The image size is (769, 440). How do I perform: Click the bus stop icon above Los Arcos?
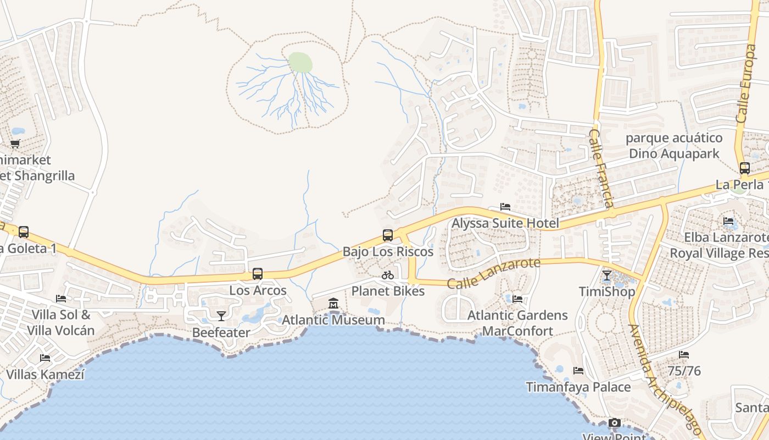pos(257,273)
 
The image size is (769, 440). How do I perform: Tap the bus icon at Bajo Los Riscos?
pos(388,235)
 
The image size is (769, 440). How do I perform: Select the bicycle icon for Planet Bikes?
pos(388,274)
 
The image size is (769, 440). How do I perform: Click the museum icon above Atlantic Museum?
pos(333,303)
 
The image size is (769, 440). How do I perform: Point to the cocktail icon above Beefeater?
pos(221,316)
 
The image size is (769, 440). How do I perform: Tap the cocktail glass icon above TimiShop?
pos(606,275)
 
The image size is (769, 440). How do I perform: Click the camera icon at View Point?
pos(615,423)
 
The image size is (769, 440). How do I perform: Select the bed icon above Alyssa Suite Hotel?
pos(505,207)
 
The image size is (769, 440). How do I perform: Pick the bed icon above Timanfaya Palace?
pos(578,371)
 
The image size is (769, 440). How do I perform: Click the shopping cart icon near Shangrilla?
pos(15,144)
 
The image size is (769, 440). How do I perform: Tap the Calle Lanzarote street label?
pos(493,273)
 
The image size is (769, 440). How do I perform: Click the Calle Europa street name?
pos(747,82)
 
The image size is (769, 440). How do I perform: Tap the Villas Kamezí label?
pos(46,375)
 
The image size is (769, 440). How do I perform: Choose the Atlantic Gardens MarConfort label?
pos(517,323)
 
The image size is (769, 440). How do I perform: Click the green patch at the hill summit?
pos(300,63)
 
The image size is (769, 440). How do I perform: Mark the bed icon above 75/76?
pos(684,355)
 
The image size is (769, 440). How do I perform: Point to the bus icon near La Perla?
pos(744,168)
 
